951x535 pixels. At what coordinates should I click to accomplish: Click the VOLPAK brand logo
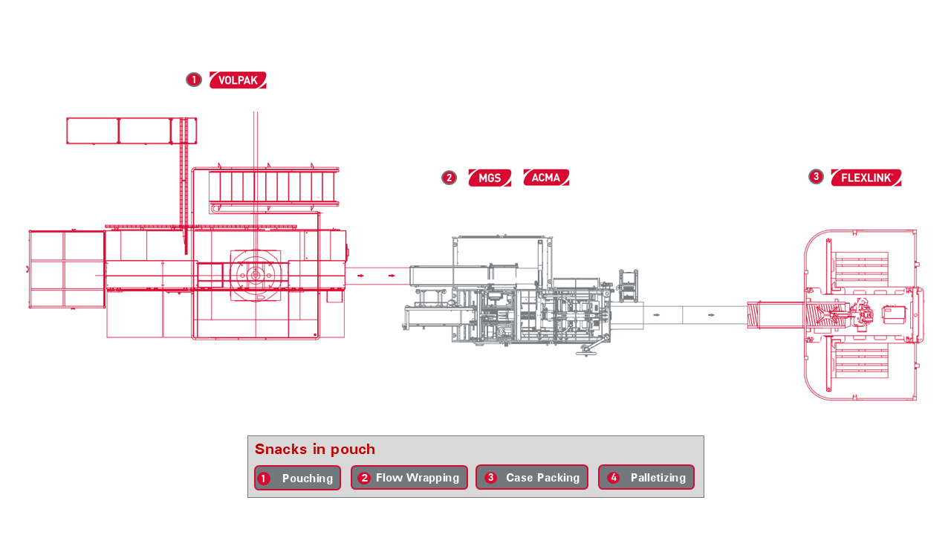pos(238,80)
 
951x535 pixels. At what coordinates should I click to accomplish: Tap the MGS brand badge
pos(490,178)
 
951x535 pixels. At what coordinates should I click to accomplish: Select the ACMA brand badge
pos(546,178)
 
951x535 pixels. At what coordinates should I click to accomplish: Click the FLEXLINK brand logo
pos(866,178)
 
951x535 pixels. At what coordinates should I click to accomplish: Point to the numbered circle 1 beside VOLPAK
pos(194,80)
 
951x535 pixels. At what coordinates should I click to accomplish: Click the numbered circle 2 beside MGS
pos(449,178)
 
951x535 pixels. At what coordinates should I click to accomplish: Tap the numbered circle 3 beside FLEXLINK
pos(816,177)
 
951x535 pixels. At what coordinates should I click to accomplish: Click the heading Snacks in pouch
pos(314,450)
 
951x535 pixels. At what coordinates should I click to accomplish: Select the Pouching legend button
pos(297,478)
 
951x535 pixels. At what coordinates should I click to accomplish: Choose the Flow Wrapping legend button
pos(409,478)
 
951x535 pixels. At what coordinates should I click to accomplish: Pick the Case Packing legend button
pos(531,478)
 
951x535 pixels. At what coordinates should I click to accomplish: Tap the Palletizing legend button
pos(646,478)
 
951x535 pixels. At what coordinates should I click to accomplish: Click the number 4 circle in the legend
pos(613,478)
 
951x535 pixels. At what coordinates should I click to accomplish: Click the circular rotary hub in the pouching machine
pos(256,276)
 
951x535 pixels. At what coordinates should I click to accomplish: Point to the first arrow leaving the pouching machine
pos(360,276)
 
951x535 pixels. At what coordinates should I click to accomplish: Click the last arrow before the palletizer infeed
pos(711,315)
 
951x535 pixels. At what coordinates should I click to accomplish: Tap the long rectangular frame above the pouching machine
pos(132,131)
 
